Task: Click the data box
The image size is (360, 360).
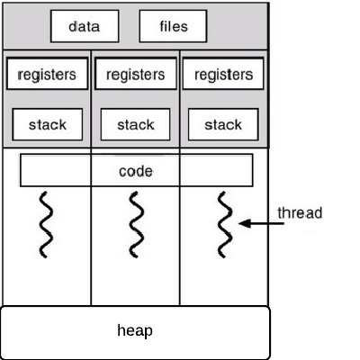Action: (x=85, y=26)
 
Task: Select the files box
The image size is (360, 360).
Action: (x=173, y=26)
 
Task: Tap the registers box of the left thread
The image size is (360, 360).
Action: (x=48, y=74)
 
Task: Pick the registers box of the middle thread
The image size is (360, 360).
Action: (x=136, y=74)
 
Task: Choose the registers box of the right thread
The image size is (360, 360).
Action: (x=223, y=74)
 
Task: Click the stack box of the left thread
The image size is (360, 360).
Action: (x=48, y=124)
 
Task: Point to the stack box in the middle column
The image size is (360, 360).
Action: (x=135, y=124)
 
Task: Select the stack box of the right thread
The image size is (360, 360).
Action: (x=223, y=124)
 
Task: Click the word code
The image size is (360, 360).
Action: (x=136, y=171)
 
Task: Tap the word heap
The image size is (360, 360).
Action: (x=135, y=330)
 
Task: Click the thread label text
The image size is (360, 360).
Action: (x=300, y=212)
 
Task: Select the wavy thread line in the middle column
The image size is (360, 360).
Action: (x=135, y=224)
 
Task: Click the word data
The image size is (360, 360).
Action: (x=85, y=26)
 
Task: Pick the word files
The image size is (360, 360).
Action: (x=174, y=26)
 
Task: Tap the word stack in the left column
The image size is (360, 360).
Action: (x=48, y=124)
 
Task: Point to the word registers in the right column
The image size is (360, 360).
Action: (x=223, y=75)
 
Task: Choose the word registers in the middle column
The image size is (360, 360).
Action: (x=136, y=75)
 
